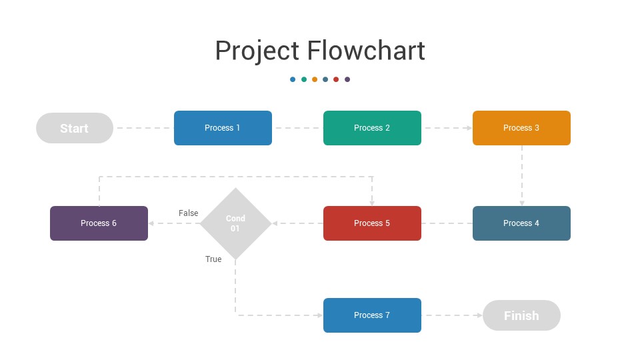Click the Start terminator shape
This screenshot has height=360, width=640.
click(x=74, y=128)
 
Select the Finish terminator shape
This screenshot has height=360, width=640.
click(x=521, y=315)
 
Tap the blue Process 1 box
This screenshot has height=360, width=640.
click(x=223, y=128)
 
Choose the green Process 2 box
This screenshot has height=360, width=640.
click(x=372, y=128)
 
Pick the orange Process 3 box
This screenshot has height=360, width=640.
click(x=521, y=128)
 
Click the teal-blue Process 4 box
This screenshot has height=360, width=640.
click(x=521, y=223)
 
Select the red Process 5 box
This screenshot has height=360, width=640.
click(x=372, y=223)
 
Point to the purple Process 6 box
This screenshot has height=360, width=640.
click(x=99, y=223)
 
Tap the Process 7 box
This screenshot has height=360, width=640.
click(x=372, y=315)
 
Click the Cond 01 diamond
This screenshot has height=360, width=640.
click(x=235, y=223)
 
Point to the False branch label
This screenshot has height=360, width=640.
click(x=189, y=213)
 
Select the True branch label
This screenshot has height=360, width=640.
click(x=213, y=259)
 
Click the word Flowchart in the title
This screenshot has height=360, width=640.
click(x=366, y=51)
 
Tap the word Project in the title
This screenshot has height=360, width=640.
click(x=257, y=51)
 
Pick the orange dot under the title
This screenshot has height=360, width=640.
click(x=315, y=79)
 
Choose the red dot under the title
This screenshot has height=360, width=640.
click(x=336, y=79)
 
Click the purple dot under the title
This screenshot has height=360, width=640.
click(x=347, y=79)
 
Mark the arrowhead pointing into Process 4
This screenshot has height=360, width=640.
click(x=522, y=203)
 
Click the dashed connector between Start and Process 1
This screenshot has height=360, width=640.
click(x=143, y=128)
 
